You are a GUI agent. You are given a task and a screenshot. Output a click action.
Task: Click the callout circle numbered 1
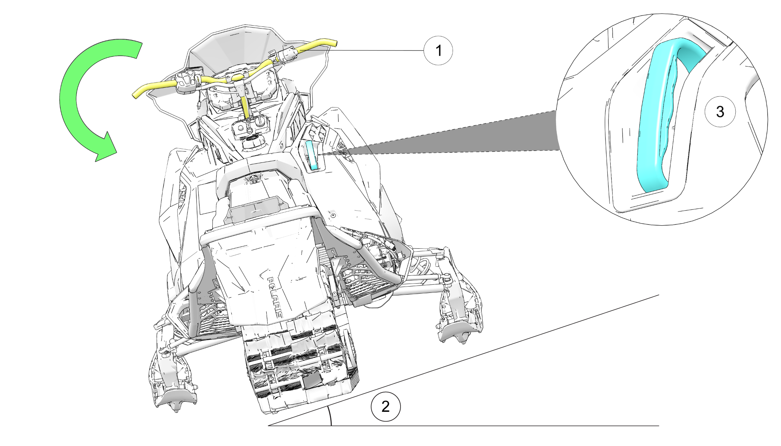[x=438, y=51]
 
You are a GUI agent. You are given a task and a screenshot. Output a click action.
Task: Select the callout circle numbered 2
[x=386, y=406]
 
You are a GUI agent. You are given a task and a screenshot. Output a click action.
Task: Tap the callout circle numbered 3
[x=720, y=111]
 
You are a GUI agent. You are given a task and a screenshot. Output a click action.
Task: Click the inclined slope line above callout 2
[x=463, y=360]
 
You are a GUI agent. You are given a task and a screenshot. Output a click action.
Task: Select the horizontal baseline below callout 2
[x=463, y=426]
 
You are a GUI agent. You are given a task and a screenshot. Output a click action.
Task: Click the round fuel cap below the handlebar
[x=253, y=143]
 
